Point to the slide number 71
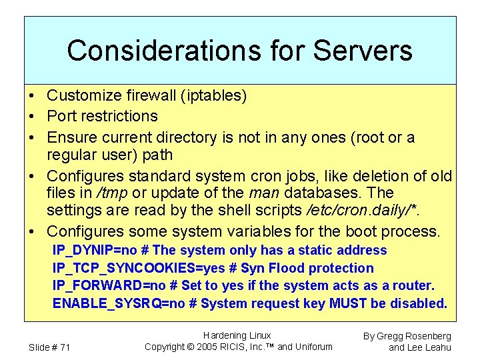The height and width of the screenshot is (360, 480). pyautogui.click(x=64, y=347)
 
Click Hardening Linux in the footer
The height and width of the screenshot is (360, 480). pyautogui.click(x=237, y=335)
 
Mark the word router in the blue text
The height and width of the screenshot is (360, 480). pyautogui.click(x=413, y=286)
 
